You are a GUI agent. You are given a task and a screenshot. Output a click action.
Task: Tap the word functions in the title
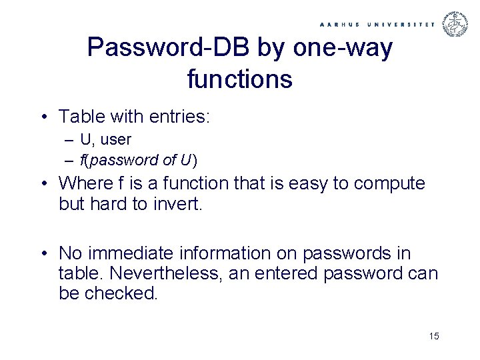click(x=240, y=79)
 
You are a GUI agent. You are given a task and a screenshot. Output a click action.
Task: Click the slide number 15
click(x=434, y=336)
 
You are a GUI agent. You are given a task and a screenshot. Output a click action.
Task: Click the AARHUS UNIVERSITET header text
click(x=377, y=23)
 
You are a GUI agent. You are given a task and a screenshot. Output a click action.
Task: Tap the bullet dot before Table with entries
click(x=43, y=118)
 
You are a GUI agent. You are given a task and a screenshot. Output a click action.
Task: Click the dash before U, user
click(x=70, y=140)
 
